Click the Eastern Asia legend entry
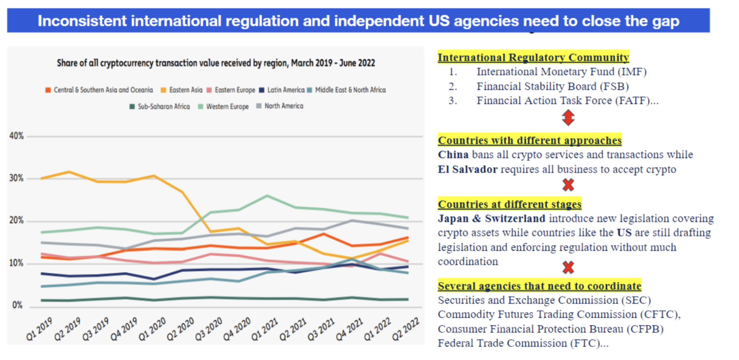pos(181,90)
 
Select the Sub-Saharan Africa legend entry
pos(160,106)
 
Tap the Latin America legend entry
pos(282,90)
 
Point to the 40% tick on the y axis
pos(16,136)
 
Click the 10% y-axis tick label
pos(16,263)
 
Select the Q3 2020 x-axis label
pos(209,329)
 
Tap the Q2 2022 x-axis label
pos(406,329)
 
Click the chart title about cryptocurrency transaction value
pos(216,63)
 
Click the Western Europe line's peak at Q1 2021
pos(267,196)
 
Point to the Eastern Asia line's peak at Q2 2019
pos(69,172)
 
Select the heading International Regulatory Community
pos(533,57)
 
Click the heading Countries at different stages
pos(510,204)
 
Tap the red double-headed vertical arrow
pos(568,118)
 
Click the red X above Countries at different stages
pos(568,185)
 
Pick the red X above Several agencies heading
pos(568,267)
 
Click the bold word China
pos(453,155)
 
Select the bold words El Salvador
pos(468,169)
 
